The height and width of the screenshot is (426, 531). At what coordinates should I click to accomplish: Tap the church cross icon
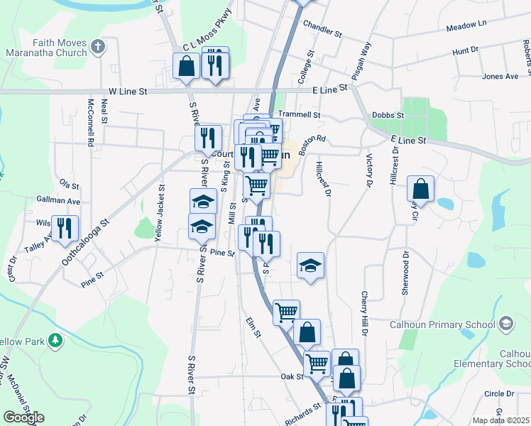click(x=98, y=48)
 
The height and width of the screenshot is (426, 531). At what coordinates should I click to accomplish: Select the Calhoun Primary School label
click(x=442, y=325)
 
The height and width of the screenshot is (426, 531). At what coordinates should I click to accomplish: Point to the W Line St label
click(x=128, y=92)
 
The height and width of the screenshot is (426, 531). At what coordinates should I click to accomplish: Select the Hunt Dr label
click(x=466, y=51)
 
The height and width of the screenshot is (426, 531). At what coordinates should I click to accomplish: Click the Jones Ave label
click(x=500, y=77)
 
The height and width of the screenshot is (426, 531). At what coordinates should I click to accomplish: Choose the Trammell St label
click(x=300, y=114)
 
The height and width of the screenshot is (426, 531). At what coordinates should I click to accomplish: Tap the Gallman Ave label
click(x=58, y=201)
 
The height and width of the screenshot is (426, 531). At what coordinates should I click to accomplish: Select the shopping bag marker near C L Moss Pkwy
click(x=186, y=66)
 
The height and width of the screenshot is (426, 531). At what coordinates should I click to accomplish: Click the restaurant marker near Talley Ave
click(x=65, y=227)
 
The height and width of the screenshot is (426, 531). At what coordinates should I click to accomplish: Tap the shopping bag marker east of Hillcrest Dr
click(x=421, y=189)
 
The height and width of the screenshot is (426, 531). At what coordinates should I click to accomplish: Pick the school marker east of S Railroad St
click(x=310, y=266)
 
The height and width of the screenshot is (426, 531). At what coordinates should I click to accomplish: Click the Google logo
click(x=23, y=417)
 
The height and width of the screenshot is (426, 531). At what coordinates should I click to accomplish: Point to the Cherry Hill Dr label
click(x=364, y=313)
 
